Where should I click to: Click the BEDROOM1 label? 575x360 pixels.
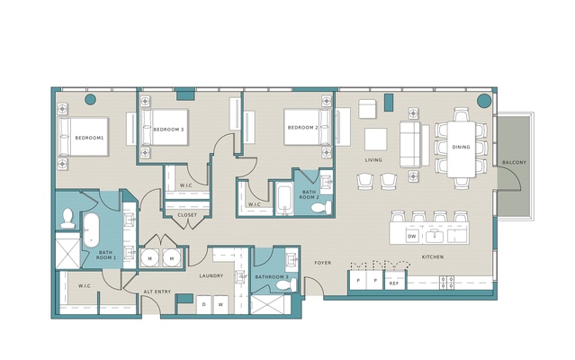[89, 138]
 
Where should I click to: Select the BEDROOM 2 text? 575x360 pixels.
[303, 128]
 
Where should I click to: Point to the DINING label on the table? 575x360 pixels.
[461, 147]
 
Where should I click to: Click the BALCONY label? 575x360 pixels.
[514, 162]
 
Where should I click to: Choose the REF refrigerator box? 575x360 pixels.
[394, 281]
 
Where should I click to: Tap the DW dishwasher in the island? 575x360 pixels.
[412, 236]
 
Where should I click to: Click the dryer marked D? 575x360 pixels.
[204, 304]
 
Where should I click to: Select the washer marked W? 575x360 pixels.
[220, 304]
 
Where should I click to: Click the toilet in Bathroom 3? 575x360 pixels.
[287, 284]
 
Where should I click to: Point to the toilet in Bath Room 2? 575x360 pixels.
[321, 208]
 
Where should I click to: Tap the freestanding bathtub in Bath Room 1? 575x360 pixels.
[91, 230]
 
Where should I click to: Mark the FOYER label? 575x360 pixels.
[323, 263]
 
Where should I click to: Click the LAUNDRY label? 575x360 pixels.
[211, 275]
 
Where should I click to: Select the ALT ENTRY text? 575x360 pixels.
[157, 292]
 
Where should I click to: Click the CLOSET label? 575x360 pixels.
[187, 215]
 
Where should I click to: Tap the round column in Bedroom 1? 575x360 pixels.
[90, 99]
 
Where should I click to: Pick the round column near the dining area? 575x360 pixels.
[484, 101]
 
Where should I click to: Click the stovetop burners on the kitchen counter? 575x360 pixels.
[446, 283]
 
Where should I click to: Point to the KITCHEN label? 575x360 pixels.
[433, 257]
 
